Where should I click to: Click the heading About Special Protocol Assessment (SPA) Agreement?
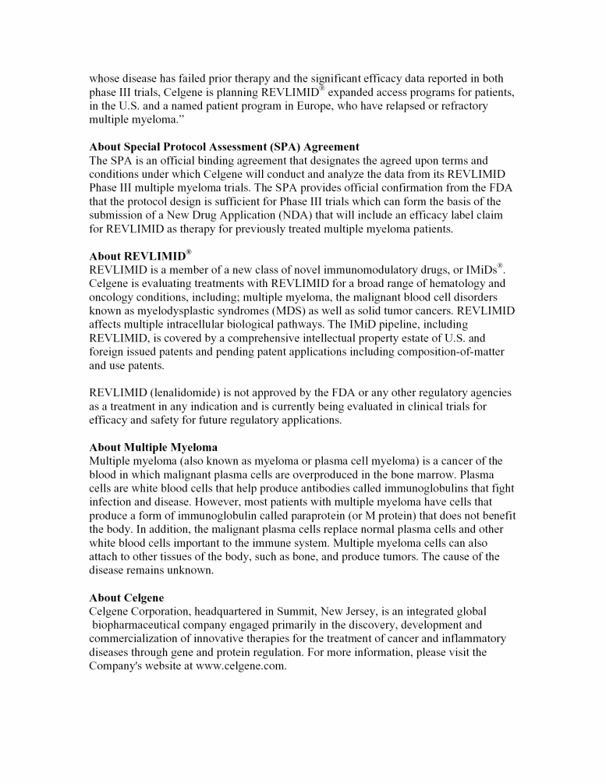(224, 147)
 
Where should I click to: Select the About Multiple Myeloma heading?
(153, 447)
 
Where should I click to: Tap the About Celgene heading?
(126, 598)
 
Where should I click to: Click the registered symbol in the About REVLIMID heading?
(188, 252)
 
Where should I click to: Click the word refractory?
(459, 106)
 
